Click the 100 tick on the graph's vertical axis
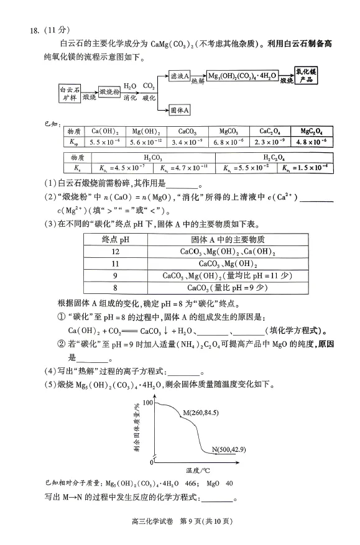pyautogui.click(x=147, y=403)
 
